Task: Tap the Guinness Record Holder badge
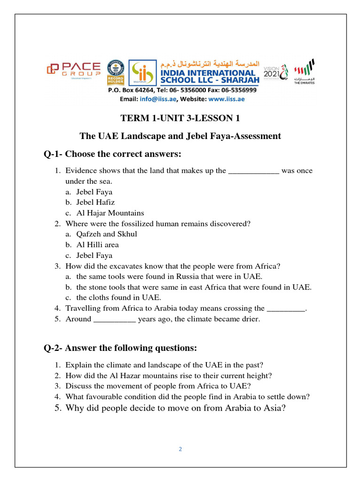[115, 71]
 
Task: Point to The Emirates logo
[305, 71]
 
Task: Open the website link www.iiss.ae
[226, 99]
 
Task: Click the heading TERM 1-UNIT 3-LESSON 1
[180, 118]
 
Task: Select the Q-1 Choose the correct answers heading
[112, 155]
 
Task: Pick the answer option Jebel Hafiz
[95, 202]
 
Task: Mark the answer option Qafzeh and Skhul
[107, 234]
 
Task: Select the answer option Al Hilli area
[97, 245]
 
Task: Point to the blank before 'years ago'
[115, 319]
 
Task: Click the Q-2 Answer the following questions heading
[120, 348]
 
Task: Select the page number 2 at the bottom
[180, 449]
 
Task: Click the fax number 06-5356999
[235, 90]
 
